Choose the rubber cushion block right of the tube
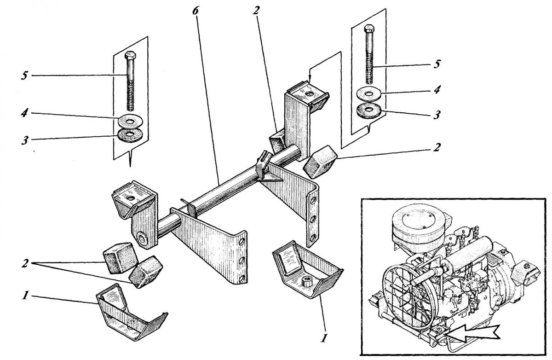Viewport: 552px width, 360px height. [x=319, y=160]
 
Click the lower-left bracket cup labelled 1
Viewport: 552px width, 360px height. [x=131, y=313]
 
